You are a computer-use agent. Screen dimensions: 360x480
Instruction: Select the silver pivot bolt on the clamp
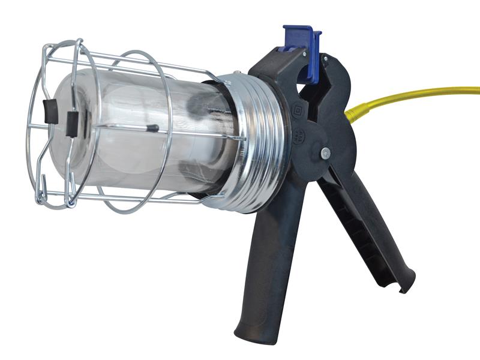(x=325, y=154)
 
